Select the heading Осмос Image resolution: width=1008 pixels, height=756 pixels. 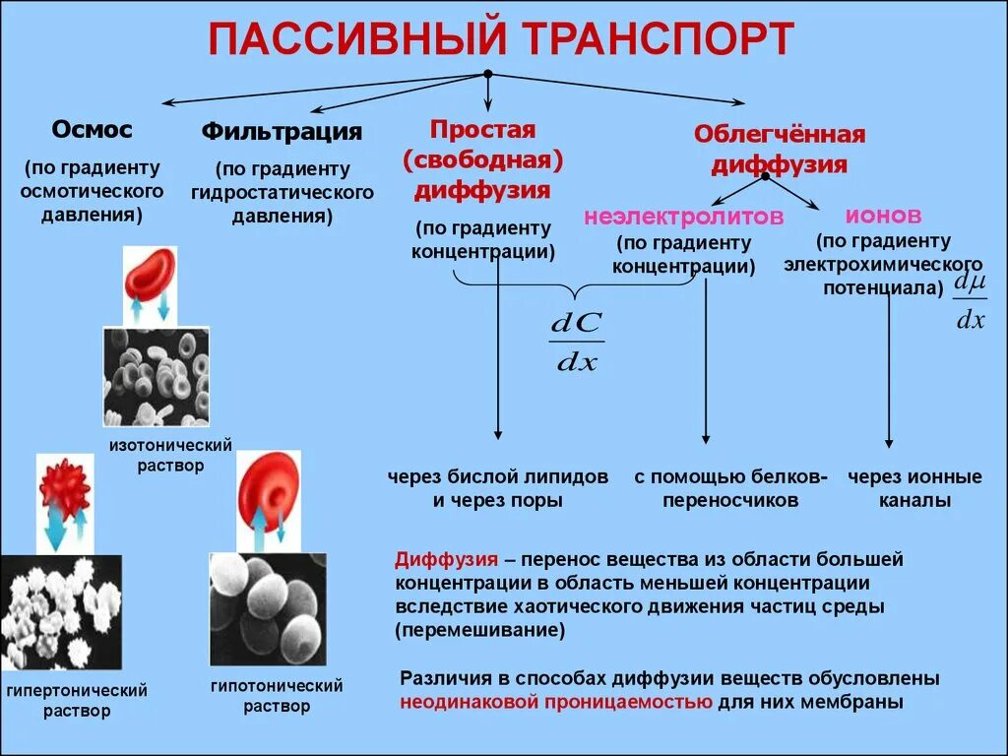point(92,130)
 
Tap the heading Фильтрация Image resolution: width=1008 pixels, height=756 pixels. point(282,131)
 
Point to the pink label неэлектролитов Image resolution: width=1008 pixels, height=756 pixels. point(683,217)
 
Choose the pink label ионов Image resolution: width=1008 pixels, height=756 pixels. point(883,215)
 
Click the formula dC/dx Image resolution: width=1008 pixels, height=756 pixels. point(577,343)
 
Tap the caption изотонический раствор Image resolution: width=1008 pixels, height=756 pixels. point(171,455)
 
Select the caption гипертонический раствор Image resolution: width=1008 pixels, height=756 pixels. point(77,700)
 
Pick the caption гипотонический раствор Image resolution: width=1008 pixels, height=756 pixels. point(277,695)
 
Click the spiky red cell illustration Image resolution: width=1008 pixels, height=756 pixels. point(65,485)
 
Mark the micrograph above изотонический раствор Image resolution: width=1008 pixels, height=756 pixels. point(156,376)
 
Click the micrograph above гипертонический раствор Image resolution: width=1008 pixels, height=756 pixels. point(61,612)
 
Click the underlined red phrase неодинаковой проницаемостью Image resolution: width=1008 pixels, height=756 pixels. point(555,703)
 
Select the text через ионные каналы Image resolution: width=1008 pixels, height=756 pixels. point(914,488)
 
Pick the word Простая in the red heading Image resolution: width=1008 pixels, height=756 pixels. point(481,131)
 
